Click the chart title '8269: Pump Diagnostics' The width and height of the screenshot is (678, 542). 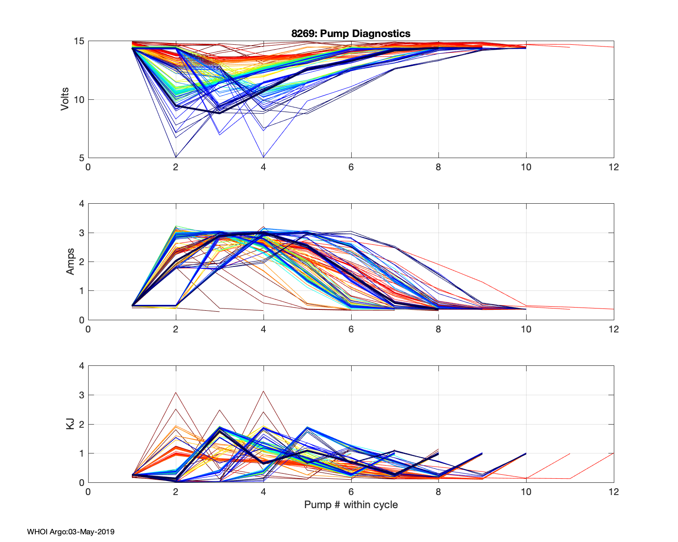[x=351, y=33]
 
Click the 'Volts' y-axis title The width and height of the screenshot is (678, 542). [x=65, y=99]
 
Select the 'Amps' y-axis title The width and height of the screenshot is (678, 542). [x=71, y=262]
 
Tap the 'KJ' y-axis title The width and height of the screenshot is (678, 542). [x=71, y=424]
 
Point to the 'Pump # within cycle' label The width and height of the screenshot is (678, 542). [x=351, y=505]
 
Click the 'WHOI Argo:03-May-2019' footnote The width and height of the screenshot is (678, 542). [x=71, y=532]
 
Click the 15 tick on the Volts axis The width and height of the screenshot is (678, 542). [x=79, y=41]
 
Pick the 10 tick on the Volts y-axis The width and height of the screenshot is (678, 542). [x=79, y=99]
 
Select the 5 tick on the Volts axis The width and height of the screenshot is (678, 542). [x=82, y=158]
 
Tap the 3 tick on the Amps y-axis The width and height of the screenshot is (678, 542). [x=82, y=233]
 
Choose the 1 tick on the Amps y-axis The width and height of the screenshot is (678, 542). [x=82, y=291]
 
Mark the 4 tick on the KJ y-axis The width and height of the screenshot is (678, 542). [x=82, y=366]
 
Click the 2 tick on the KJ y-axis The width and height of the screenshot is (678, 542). [x=82, y=424]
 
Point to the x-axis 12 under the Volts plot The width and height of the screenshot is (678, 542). [x=613, y=167]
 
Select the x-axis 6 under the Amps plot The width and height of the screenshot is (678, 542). [x=351, y=329]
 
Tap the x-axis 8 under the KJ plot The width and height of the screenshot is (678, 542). [x=438, y=492]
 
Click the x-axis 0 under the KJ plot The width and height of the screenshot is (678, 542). [x=88, y=492]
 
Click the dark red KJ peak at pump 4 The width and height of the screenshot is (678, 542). [x=263, y=391]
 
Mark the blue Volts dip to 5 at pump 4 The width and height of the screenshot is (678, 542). [x=263, y=157]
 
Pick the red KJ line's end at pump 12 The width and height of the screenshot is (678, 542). [x=613, y=453]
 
